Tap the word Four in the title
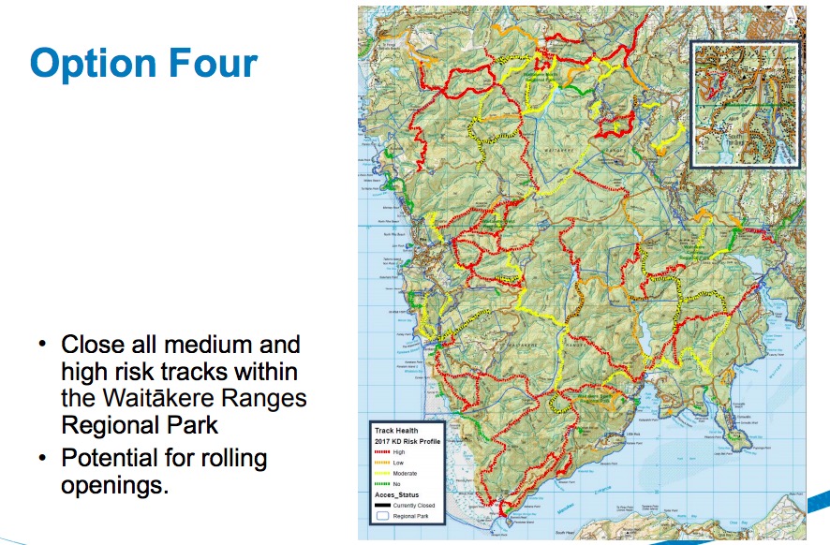coord(216,63)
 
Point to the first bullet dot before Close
coord(42,344)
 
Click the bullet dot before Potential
coord(42,460)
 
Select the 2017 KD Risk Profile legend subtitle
coord(408,441)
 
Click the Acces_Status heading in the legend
coord(397,494)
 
